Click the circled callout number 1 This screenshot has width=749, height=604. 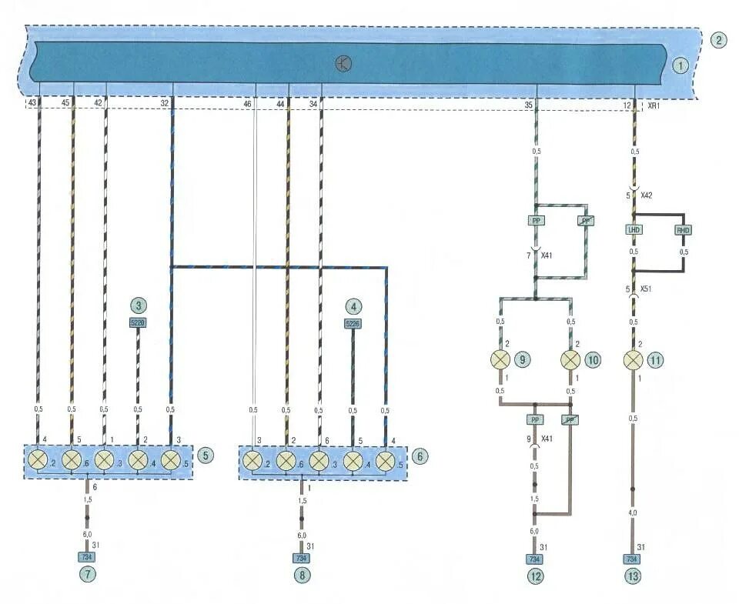(x=680, y=66)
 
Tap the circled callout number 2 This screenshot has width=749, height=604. (x=717, y=40)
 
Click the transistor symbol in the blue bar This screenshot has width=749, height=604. (x=343, y=64)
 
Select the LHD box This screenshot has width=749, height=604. (x=634, y=230)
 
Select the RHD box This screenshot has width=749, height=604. (x=683, y=230)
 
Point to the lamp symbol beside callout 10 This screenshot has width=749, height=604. (x=570, y=359)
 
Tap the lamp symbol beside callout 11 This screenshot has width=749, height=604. (x=634, y=359)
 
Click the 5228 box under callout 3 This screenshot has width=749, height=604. (x=138, y=323)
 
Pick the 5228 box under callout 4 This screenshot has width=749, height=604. (x=353, y=323)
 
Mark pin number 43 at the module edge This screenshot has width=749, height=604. (x=32, y=103)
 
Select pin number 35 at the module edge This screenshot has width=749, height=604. (x=529, y=103)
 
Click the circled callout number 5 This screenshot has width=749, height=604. (x=204, y=455)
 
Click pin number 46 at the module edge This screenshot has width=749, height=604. (x=247, y=103)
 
